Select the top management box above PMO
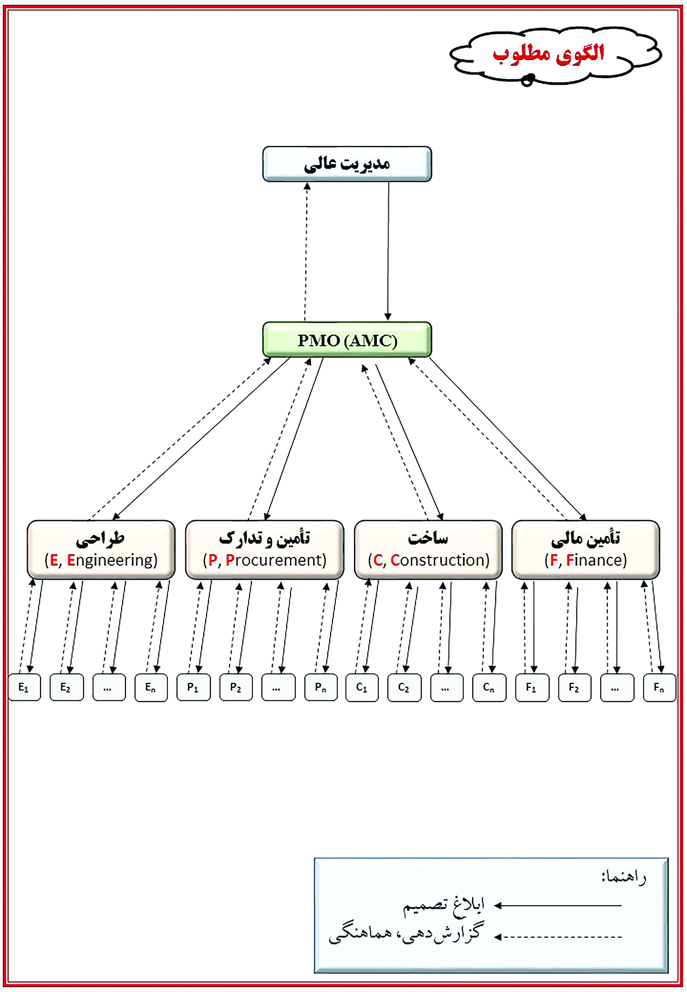tap(347, 164)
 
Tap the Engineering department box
tap(101, 549)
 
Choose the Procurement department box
tap(264, 549)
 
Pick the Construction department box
tap(428, 549)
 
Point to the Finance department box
tap(585, 549)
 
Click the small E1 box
tap(24, 687)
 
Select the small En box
tap(151, 687)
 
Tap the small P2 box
tap(235, 687)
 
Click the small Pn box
tap(321, 687)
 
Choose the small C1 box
tap(362, 687)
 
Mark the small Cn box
tap(489, 687)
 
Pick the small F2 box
tap(574, 687)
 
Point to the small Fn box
tap(659, 687)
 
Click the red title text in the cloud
tap(549, 54)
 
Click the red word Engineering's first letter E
tap(71, 560)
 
